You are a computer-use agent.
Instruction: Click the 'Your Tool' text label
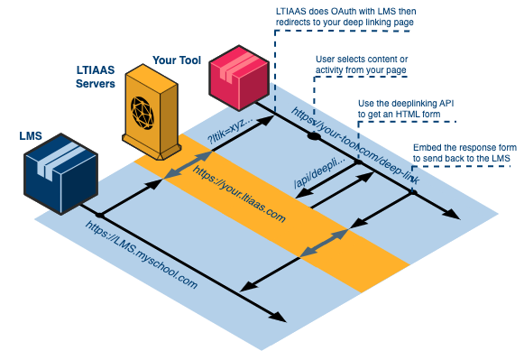(x=177, y=60)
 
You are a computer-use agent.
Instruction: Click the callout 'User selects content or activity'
(x=365, y=66)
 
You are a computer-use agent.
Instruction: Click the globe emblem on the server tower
(x=149, y=109)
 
